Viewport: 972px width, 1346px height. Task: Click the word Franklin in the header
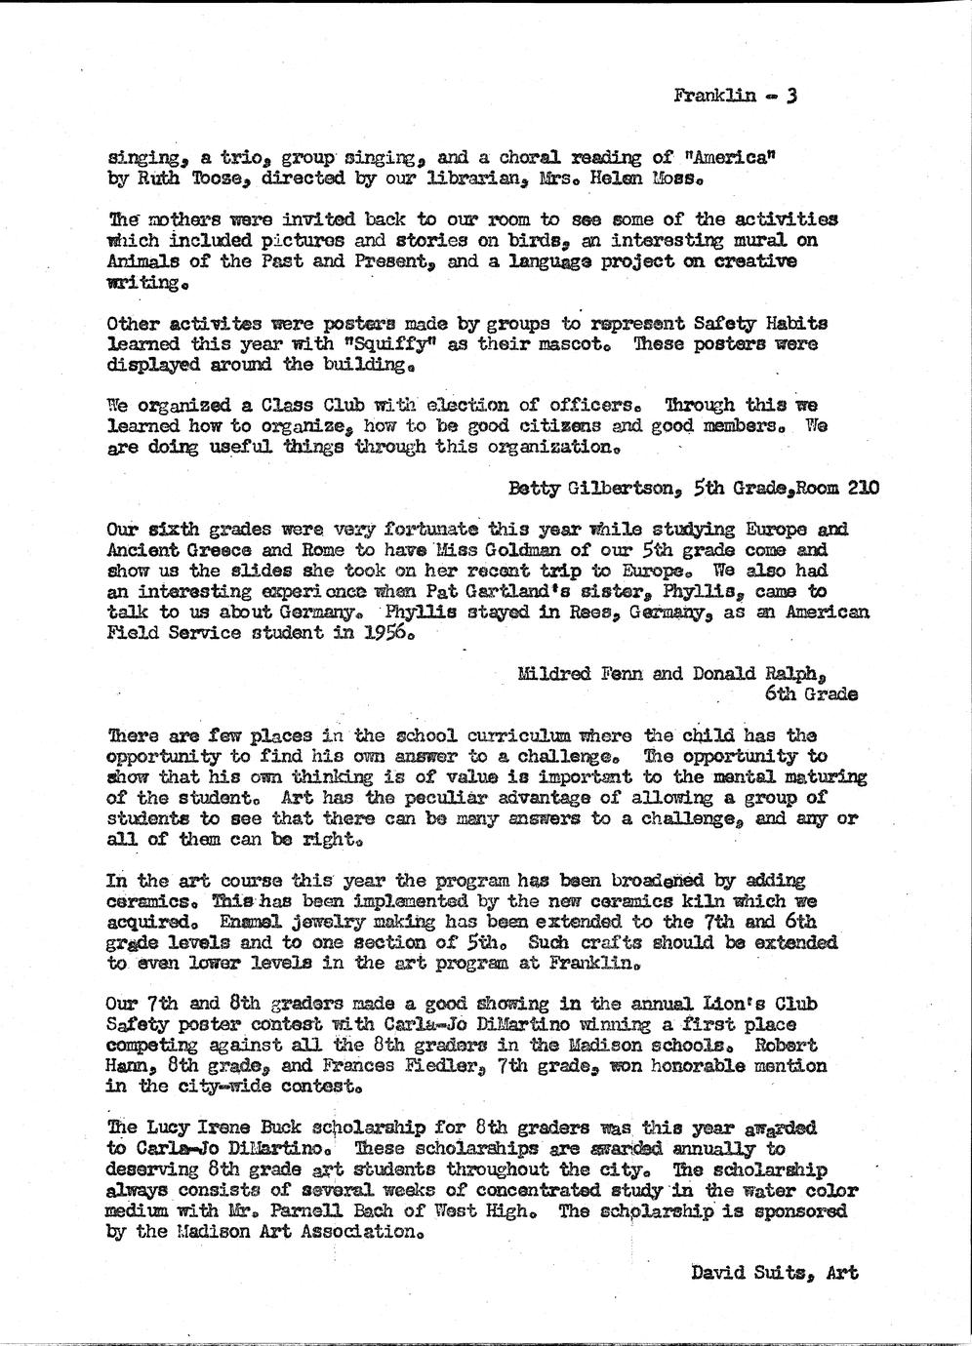714,96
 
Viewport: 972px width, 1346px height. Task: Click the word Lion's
724,1005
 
